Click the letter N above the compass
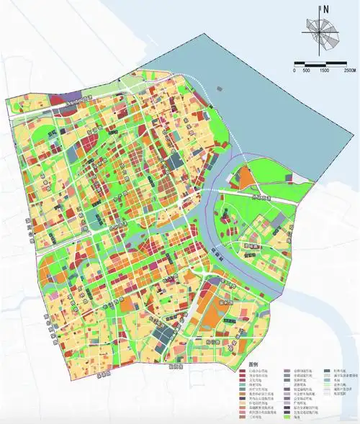pyautogui.click(x=325, y=9)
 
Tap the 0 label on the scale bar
pyautogui.click(x=294, y=70)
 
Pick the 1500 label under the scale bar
pyautogui.click(x=325, y=70)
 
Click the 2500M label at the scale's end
pyautogui.click(x=348, y=70)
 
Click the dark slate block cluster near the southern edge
pyautogui.click(x=167, y=333)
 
